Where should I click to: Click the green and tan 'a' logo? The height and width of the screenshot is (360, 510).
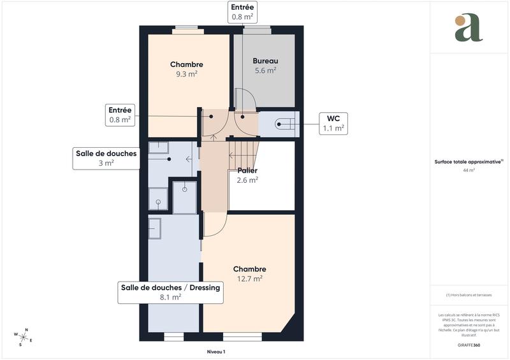tap(469, 27)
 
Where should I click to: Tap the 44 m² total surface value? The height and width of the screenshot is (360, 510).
tap(469, 171)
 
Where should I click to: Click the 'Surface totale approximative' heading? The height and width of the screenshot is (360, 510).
tap(469, 162)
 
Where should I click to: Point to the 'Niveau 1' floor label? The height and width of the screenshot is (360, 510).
tap(216, 351)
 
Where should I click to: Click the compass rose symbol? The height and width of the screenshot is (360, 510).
tap(23, 336)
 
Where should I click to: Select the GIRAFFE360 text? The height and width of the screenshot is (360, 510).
tap(469, 344)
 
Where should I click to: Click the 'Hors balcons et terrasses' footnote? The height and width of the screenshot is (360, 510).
tap(469, 296)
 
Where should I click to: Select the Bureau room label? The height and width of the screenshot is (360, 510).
tap(265, 61)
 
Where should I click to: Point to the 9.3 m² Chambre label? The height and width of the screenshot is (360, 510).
tap(187, 74)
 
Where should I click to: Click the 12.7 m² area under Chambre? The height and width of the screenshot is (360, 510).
tap(249, 278)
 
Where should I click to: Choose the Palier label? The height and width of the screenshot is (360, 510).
tap(247, 171)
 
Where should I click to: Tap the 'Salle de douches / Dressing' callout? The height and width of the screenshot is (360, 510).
tap(170, 292)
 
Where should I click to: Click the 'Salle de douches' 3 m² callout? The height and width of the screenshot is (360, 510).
tap(106, 158)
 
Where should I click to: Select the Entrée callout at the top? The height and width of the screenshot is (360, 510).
tap(242, 12)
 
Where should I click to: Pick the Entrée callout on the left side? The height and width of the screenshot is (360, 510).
tap(120, 115)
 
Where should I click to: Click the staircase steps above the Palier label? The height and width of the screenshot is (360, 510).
tap(244, 153)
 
